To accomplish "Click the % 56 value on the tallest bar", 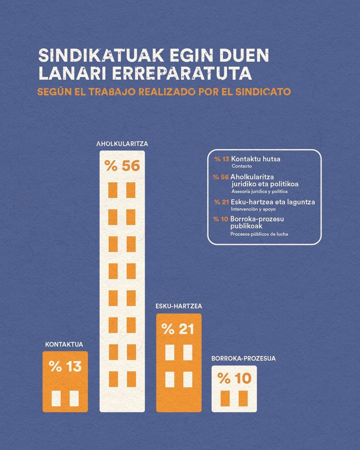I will point(122,166).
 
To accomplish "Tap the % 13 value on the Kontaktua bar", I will point(65,366).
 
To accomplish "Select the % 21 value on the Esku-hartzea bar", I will point(178,329).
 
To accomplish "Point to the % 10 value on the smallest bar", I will point(234,378).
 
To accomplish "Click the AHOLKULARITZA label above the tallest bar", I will point(122,144).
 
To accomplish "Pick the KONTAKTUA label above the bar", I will point(64,344).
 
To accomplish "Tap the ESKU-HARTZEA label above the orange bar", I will point(179,306).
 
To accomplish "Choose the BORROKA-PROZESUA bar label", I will point(243,359).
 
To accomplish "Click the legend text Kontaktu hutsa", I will point(256,159).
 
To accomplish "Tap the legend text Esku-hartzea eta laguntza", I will point(273,202).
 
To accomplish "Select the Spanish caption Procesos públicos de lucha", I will point(259,234).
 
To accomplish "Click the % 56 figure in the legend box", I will point(221,177).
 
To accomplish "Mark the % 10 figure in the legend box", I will point(220,219).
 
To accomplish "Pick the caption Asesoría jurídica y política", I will point(259,191).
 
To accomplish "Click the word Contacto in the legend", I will point(242,166).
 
